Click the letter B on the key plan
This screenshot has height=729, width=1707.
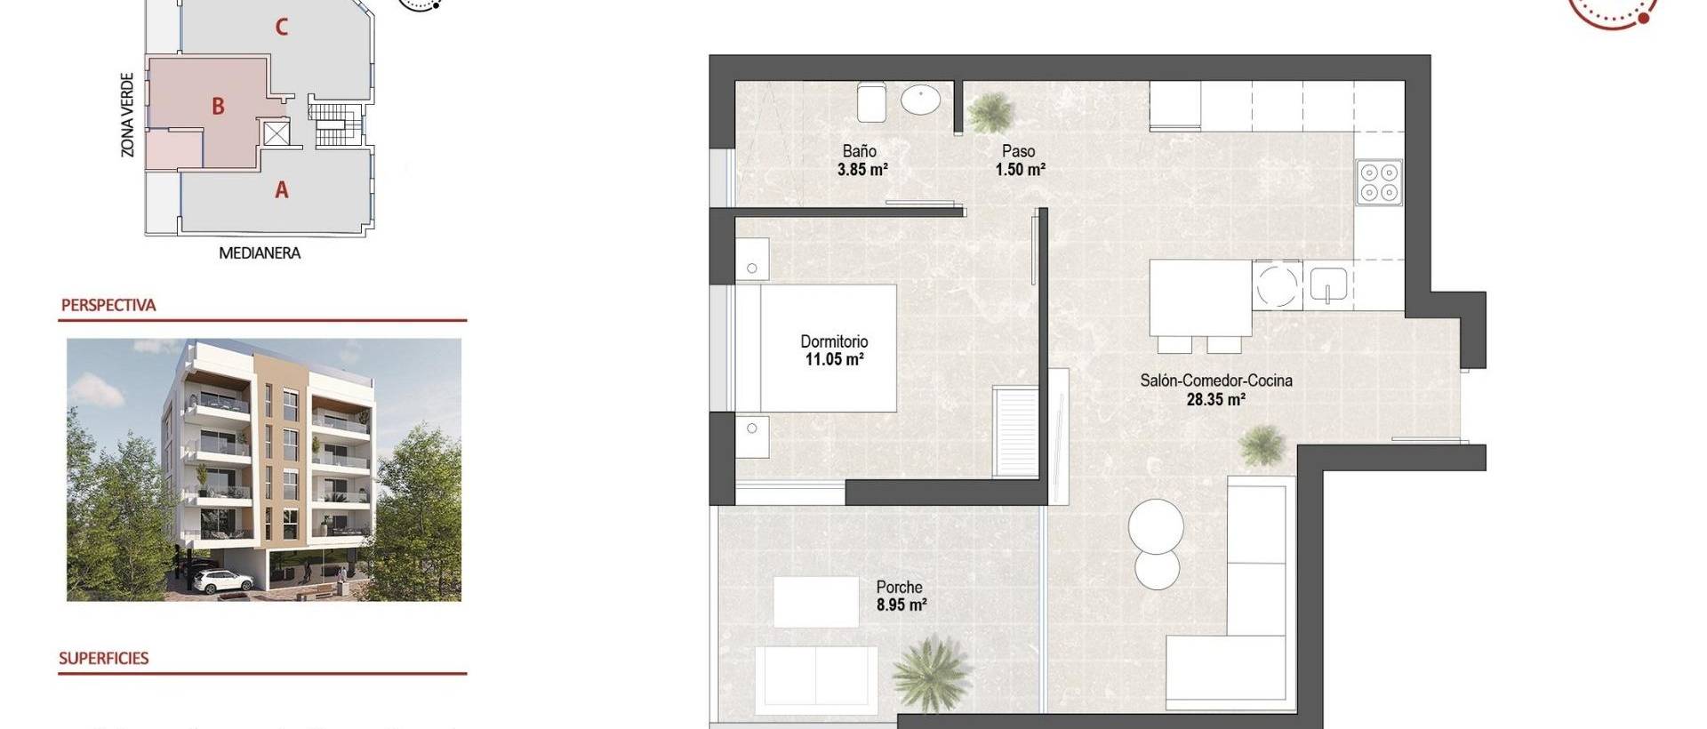pyautogui.click(x=218, y=107)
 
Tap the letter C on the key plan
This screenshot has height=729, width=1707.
pyautogui.click(x=281, y=28)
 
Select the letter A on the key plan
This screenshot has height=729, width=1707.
pyautogui.click(x=281, y=189)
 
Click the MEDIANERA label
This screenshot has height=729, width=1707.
pyautogui.click(x=260, y=253)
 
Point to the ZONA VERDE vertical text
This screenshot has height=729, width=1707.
pyautogui.click(x=128, y=116)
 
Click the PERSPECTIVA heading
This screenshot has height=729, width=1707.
pyautogui.click(x=108, y=305)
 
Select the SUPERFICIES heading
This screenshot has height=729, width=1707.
pyautogui.click(x=104, y=659)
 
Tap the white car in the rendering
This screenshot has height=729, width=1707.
pyautogui.click(x=222, y=581)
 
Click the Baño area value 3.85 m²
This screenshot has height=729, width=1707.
pyautogui.click(x=862, y=169)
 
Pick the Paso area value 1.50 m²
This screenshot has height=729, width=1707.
pyautogui.click(x=1020, y=169)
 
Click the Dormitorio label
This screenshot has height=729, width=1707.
pyautogui.click(x=834, y=341)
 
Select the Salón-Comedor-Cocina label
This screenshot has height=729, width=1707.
pyautogui.click(x=1215, y=381)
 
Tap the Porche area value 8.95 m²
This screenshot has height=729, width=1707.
pyautogui.click(x=901, y=605)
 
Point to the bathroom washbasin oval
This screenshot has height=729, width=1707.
pyautogui.click(x=920, y=100)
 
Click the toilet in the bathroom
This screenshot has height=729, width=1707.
pyautogui.click(x=871, y=102)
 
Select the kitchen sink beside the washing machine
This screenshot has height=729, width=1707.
pyautogui.click(x=1328, y=285)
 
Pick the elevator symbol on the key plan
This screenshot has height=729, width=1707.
pyautogui.click(x=276, y=134)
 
